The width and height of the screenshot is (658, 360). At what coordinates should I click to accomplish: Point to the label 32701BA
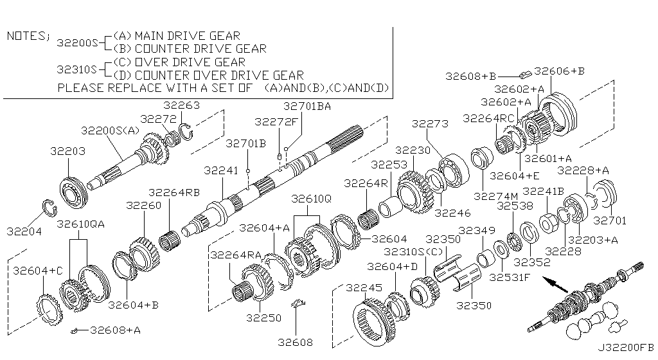(307, 107)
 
